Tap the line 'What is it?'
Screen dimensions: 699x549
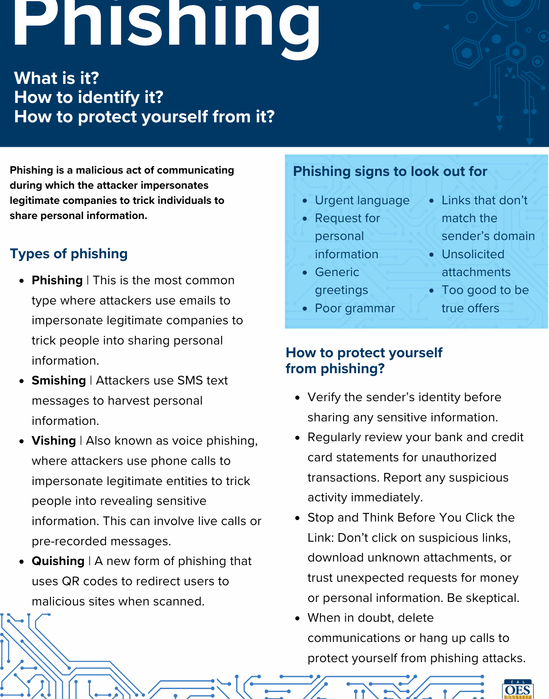(x=57, y=78)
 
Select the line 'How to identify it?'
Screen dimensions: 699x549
(x=89, y=97)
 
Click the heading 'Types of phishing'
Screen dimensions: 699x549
(x=69, y=254)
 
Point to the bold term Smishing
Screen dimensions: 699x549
(x=59, y=381)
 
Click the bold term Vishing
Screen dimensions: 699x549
(x=54, y=441)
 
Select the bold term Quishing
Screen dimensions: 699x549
(x=58, y=561)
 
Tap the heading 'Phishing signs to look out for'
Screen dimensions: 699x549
(x=390, y=171)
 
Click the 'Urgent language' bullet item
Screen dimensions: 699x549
(x=362, y=200)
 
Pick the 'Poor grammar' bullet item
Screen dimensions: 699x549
(x=354, y=308)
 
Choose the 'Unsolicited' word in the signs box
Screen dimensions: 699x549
(x=473, y=254)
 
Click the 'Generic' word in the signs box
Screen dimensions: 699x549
(x=337, y=272)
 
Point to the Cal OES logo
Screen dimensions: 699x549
(x=518, y=690)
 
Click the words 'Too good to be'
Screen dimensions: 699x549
(x=485, y=290)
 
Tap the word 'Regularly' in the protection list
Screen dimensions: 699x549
(x=334, y=437)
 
